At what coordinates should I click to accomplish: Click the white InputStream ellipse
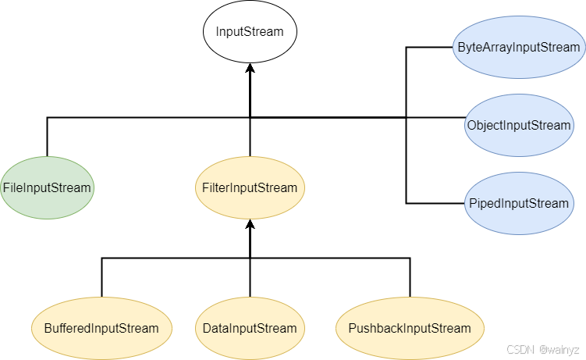point(250,31)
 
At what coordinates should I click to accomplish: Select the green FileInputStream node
point(47,187)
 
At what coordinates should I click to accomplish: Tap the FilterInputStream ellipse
point(250,187)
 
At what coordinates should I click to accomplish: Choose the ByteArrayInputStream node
point(519,47)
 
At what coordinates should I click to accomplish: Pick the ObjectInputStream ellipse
point(519,125)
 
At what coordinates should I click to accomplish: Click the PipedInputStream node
point(519,203)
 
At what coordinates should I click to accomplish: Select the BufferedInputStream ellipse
point(101,328)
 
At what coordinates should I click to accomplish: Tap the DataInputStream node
point(250,328)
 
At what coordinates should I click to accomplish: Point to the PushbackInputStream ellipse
point(410,328)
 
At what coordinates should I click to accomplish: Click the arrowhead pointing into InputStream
point(250,68)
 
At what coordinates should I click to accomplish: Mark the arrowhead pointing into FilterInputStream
point(250,224)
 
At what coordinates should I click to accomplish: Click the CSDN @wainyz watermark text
point(542,350)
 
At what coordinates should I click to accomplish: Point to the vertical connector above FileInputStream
point(47,137)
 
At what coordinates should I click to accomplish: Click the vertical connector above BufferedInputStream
point(101,277)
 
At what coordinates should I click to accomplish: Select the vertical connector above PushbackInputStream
point(410,277)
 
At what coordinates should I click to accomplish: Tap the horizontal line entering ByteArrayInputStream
point(429,47)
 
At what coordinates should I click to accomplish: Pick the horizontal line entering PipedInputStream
point(435,203)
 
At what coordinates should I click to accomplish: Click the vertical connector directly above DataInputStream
point(250,277)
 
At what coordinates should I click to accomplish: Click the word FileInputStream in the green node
point(47,187)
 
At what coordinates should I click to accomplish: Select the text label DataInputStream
point(250,328)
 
